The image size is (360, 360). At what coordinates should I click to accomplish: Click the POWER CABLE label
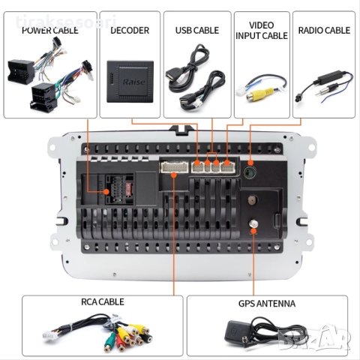[x=49, y=31]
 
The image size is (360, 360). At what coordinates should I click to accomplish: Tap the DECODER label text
[x=129, y=31]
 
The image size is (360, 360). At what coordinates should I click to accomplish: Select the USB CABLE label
[x=196, y=31]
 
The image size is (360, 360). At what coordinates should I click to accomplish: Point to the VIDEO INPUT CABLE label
[x=262, y=29]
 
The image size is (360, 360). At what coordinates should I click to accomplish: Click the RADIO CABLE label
[x=323, y=31]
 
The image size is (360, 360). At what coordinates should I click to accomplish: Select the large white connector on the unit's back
[x=173, y=166]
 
